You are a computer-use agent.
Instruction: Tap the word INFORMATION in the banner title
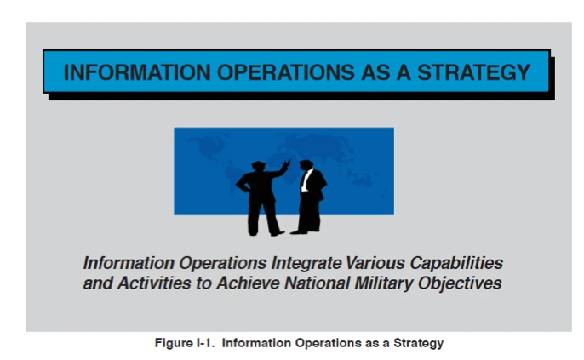point(129,72)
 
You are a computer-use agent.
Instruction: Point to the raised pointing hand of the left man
point(288,161)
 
